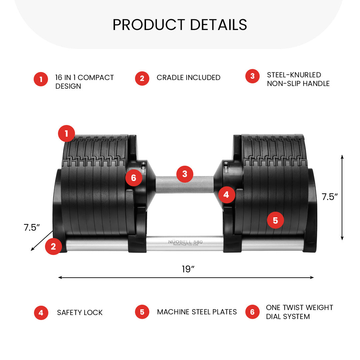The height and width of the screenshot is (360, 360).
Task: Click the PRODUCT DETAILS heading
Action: point(180,25)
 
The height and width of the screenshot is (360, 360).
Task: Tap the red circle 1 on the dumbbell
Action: point(66,134)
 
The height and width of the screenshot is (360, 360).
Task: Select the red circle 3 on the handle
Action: point(185,174)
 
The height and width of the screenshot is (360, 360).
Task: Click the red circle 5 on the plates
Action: point(275,220)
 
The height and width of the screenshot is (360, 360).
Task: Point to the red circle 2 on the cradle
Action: point(53,247)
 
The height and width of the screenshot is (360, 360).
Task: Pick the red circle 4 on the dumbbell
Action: point(226,194)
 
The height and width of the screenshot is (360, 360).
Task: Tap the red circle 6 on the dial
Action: point(134,178)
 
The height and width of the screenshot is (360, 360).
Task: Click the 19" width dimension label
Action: point(188,269)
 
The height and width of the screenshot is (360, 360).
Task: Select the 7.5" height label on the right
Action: point(330,197)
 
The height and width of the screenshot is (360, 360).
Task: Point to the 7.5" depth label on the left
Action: point(32,228)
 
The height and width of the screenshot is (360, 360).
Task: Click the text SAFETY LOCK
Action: point(80,313)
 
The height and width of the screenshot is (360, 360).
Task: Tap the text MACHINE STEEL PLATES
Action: point(197,312)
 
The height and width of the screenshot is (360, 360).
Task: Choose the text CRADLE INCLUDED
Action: point(188,78)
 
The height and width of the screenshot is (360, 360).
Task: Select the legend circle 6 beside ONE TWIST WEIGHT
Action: point(252,312)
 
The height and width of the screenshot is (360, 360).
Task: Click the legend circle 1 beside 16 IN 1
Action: point(41,79)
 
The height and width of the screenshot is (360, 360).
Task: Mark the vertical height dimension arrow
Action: point(342,197)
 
